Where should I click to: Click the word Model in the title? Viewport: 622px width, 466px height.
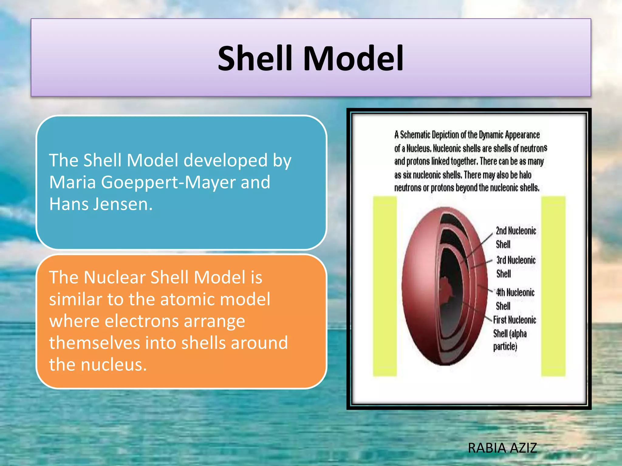coord(353,58)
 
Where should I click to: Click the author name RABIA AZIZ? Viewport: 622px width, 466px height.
coord(502,448)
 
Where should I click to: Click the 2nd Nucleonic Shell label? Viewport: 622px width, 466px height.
coord(515,238)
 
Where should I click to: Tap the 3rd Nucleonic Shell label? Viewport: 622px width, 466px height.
coord(515,267)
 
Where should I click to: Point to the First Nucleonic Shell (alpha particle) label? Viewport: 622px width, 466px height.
coord(514,333)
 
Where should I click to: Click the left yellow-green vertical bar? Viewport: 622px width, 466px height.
coord(385,286)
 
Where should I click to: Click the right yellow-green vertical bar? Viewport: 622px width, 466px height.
coord(553,286)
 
